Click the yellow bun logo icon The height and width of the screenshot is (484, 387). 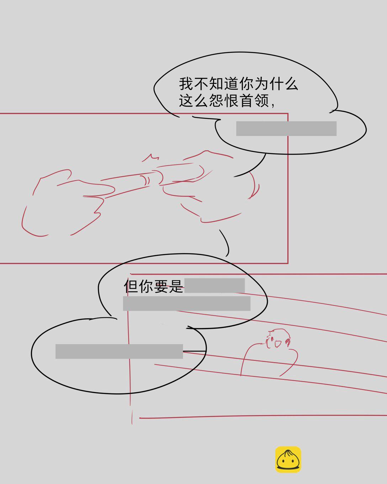pyautogui.click(x=288, y=459)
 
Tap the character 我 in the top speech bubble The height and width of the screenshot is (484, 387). pyautogui.click(x=186, y=84)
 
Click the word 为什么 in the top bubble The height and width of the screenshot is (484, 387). pyautogui.click(x=276, y=84)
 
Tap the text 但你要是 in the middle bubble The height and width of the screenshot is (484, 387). pyautogui.click(x=153, y=286)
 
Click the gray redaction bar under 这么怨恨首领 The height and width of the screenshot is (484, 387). pyautogui.click(x=286, y=128)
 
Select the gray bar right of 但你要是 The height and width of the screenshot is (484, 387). pyautogui.click(x=214, y=286)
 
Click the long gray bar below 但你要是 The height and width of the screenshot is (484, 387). pyautogui.click(x=187, y=303)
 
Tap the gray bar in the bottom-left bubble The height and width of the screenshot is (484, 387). pyautogui.click(x=119, y=351)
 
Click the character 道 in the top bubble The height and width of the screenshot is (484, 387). pyautogui.click(x=231, y=84)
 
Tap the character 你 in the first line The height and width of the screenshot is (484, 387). pyautogui.click(x=246, y=84)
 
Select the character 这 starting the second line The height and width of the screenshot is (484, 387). pyautogui.click(x=186, y=101)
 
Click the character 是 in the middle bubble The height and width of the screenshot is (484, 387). pyautogui.click(x=176, y=286)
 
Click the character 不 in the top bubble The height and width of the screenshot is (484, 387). pyautogui.click(x=201, y=84)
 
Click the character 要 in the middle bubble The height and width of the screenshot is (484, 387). pyautogui.click(x=161, y=286)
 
